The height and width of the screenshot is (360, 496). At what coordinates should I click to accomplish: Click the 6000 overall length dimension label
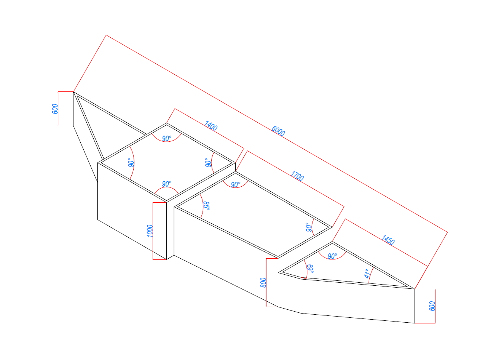click(278, 131)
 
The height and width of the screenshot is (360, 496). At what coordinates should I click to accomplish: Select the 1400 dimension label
click(211, 126)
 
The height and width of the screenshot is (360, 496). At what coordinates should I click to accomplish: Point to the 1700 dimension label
click(297, 176)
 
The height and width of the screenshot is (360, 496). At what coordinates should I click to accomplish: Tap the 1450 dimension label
click(388, 240)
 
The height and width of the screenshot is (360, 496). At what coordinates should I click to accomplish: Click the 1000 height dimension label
click(150, 231)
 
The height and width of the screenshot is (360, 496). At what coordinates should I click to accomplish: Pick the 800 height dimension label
click(263, 282)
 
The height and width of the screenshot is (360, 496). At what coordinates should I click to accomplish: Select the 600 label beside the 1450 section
click(432, 306)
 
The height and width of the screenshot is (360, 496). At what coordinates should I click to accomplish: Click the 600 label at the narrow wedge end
click(55, 109)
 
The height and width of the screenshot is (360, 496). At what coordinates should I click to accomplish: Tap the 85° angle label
click(206, 206)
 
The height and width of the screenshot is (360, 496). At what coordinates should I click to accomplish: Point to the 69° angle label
click(311, 269)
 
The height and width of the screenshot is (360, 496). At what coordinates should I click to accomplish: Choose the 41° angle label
click(367, 274)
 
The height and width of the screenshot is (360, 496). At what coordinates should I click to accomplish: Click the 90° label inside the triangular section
click(332, 256)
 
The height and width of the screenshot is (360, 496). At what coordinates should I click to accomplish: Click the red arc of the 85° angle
click(203, 206)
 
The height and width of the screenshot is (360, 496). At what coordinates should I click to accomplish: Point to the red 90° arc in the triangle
click(332, 259)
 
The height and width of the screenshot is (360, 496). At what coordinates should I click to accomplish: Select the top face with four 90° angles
click(166, 162)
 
